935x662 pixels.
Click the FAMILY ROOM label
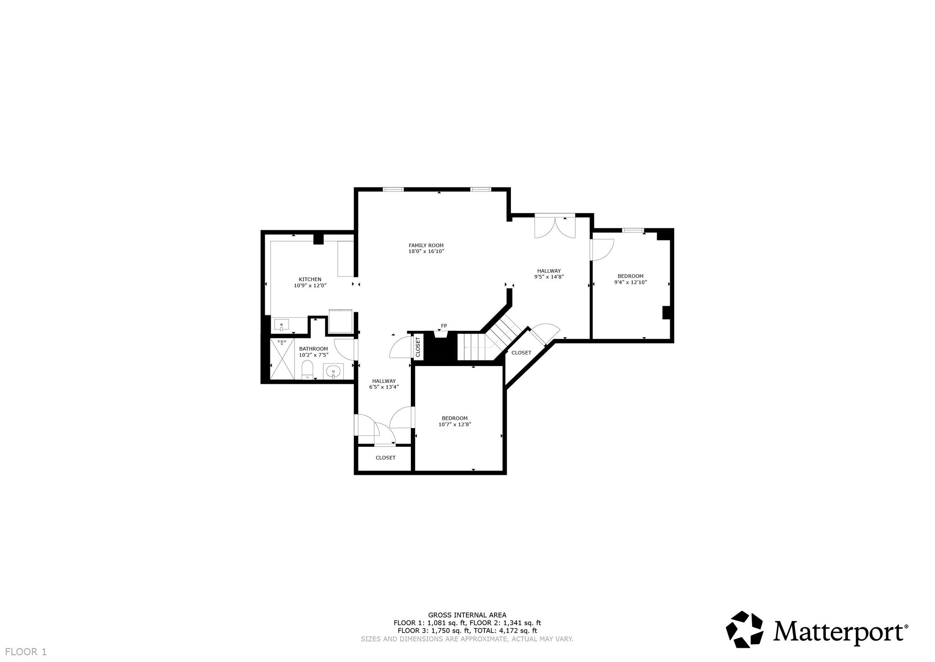pyautogui.click(x=426, y=245)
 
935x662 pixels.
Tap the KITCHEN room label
pyautogui.click(x=310, y=279)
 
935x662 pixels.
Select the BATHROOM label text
pyautogui.click(x=314, y=349)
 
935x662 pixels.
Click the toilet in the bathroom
pyautogui.click(x=308, y=370)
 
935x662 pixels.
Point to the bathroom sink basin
pyautogui.click(x=334, y=371)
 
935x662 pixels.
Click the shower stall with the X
pyautogui.click(x=283, y=359)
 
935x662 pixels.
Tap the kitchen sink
pyautogui.click(x=282, y=325)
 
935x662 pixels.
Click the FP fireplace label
pyautogui.click(x=444, y=326)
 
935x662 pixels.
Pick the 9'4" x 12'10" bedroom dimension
pyautogui.click(x=630, y=282)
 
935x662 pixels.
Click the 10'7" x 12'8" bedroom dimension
pyautogui.click(x=455, y=424)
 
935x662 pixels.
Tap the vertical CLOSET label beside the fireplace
pyautogui.click(x=418, y=347)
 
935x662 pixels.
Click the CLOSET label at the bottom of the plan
pyautogui.click(x=385, y=458)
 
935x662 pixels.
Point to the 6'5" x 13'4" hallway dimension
pyautogui.click(x=384, y=387)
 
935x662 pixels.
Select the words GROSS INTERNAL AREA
pyautogui.click(x=467, y=615)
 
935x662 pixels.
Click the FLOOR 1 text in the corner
pyautogui.click(x=26, y=652)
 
